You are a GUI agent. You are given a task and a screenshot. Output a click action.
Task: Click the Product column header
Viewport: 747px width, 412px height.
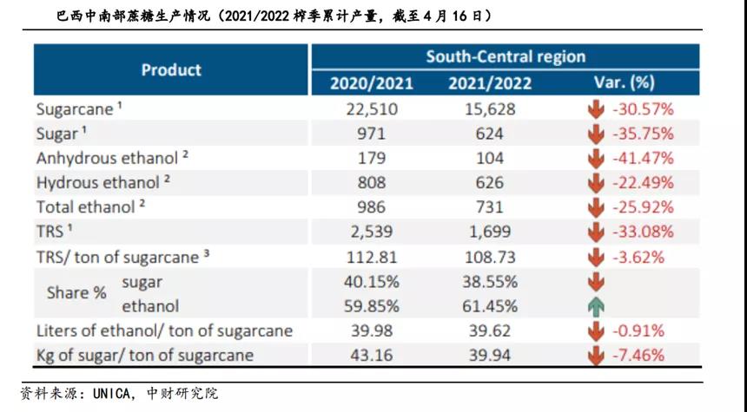[171, 69]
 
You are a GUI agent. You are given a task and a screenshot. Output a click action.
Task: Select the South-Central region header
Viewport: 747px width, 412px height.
[506, 56]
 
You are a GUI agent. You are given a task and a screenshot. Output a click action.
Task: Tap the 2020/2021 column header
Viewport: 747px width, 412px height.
[372, 83]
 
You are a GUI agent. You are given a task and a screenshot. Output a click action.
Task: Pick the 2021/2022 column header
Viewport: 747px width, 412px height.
[490, 83]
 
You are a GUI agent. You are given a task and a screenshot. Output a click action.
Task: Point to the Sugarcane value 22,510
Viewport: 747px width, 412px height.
[372, 109]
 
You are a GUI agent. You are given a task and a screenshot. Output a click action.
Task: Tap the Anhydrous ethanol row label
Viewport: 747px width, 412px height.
[102, 159]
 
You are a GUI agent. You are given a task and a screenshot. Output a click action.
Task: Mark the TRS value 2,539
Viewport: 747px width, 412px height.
[372, 232]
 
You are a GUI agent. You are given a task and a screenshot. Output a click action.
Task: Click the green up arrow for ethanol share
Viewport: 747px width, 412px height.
[595, 306]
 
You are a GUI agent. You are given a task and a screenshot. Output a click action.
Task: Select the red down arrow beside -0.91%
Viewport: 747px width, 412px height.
[595, 330]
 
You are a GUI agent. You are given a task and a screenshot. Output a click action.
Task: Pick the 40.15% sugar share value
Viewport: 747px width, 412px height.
[372, 282]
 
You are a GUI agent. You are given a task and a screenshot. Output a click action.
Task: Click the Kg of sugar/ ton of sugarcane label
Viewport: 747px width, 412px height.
[145, 355]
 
